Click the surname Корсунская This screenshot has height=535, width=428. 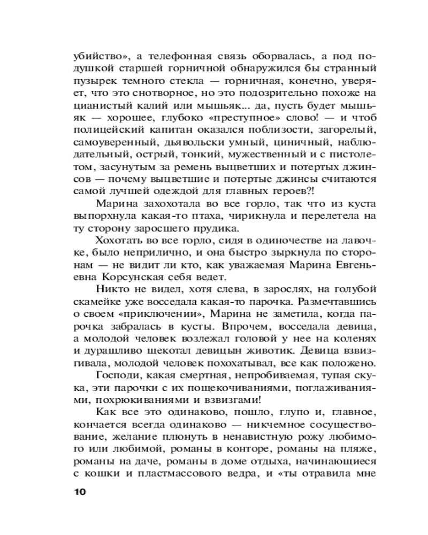click(126, 278)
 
